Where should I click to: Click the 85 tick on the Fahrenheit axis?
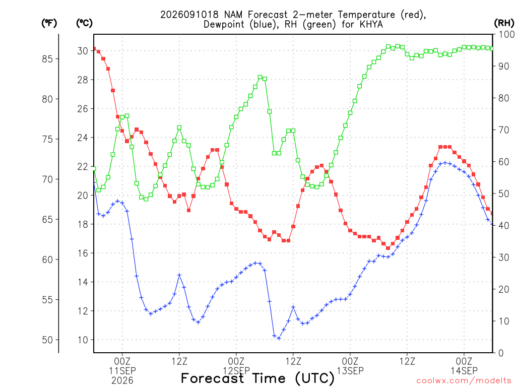click(47, 59)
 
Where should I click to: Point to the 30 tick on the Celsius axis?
click(83, 51)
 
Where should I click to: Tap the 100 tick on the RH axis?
click(506, 35)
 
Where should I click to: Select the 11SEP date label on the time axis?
click(122, 370)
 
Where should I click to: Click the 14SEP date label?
click(464, 370)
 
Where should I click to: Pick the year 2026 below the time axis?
click(122, 381)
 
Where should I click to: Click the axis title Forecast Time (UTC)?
click(257, 378)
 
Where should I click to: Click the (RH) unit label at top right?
click(504, 23)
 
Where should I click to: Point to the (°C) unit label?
click(84, 23)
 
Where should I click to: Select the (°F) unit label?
click(49, 23)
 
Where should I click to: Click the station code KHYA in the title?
click(371, 25)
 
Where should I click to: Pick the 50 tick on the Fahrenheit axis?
click(47, 340)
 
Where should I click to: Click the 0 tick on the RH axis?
click(501, 353)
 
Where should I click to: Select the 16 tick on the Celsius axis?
click(83, 253)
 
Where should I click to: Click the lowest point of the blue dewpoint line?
click(279, 338)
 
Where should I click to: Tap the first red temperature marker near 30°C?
click(94, 49)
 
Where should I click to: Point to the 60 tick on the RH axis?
click(503, 162)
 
